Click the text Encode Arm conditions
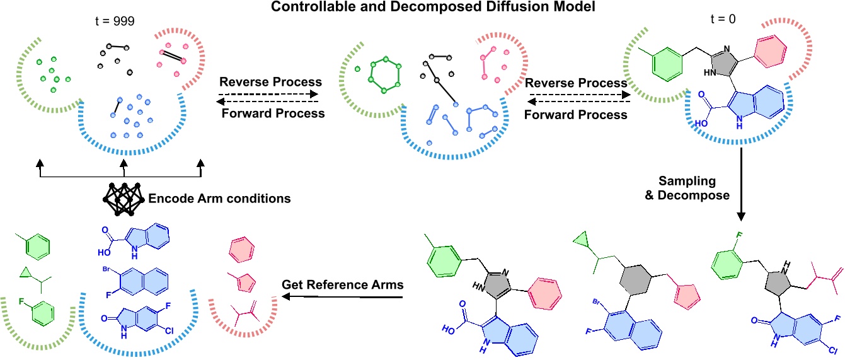click(219, 199)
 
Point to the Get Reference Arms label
click(342, 285)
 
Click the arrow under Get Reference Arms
click(343, 299)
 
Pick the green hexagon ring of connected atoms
click(383, 76)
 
